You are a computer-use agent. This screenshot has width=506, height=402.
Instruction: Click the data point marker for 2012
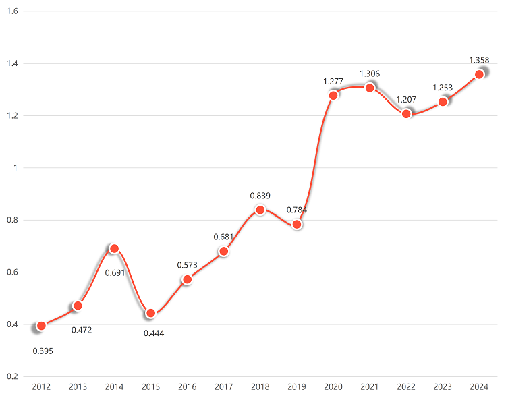(x=41, y=326)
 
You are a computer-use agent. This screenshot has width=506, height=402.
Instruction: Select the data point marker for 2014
(x=114, y=249)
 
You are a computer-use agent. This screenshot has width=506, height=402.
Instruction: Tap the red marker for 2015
(x=150, y=313)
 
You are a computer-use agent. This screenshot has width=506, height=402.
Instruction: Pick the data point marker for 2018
(x=260, y=210)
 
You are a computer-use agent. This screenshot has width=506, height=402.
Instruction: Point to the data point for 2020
(x=333, y=95)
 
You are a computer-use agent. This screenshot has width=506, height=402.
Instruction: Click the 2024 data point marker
(x=479, y=74)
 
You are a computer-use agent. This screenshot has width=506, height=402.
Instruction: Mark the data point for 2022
(x=406, y=113)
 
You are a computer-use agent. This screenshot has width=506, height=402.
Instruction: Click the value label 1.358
(x=479, y=61)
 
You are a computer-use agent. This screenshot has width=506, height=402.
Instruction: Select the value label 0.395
(x=43, y=351)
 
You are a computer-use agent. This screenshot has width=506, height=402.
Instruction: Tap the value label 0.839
(x=260, y=196)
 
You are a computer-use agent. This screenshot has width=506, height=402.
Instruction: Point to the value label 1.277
(x=333, y=82)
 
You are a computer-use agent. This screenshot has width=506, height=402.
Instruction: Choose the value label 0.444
(x=154, y=333)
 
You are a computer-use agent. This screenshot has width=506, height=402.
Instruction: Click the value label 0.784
(x=297, y=210)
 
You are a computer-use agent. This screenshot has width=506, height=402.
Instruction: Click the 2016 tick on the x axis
(x=187, y=387)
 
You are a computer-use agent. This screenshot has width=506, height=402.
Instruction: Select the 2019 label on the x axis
(x=297, y=387)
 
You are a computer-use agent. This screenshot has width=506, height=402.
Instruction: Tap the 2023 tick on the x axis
(x=443, y=387)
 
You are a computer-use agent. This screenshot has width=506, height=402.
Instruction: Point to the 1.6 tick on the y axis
(x=11, y=11)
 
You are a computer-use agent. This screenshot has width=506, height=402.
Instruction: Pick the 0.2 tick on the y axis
(x=11, y=376)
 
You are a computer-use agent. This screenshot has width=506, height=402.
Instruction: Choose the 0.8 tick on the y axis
(x=11, y=220)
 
